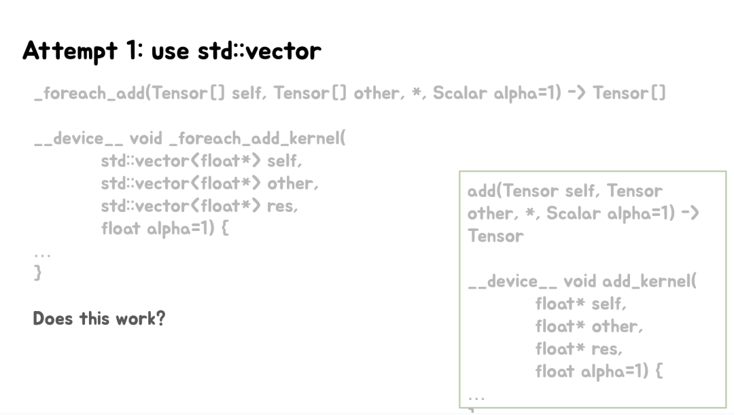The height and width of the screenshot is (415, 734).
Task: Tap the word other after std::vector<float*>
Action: [x=292, y=183]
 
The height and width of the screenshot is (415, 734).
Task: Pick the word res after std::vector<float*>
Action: [x=282, y=206]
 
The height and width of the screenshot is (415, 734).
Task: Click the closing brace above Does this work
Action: [x=38, y=273]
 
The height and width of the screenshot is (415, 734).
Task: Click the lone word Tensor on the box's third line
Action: [x=495, y=236]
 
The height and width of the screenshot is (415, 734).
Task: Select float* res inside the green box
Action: [x=578, y=348]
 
